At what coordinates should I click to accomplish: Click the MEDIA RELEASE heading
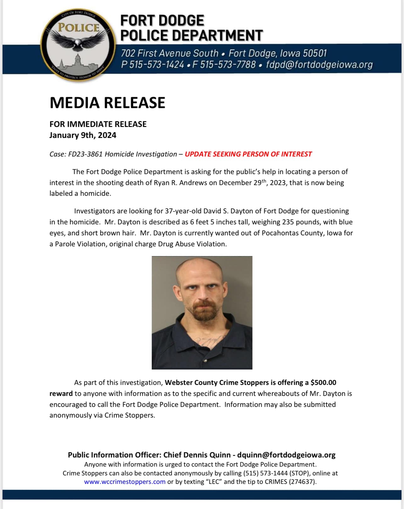(x=107, y=103)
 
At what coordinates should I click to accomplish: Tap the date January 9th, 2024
(x=83, y=135)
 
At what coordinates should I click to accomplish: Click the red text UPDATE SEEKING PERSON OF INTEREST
(x=248, y=154)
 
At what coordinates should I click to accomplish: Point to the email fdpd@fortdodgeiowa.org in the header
(x=319, y=64)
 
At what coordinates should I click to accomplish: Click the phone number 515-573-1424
(x=156, y=64)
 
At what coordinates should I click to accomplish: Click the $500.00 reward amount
(x=323, y=382)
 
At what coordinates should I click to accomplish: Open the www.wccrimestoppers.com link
(x=125, y=482)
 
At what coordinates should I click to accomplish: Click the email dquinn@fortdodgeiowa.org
(x=286, y=455)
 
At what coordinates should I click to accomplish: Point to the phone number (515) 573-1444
(x=265, y=473)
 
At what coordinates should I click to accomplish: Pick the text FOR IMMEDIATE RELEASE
(x=98, y=124)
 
